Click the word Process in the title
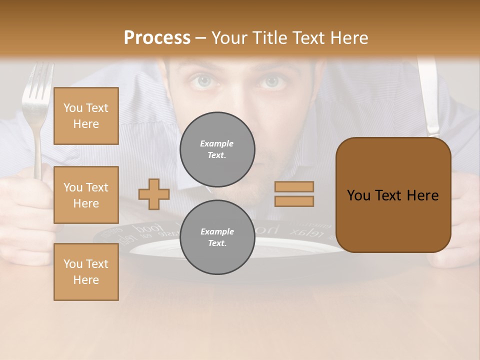point(157,38)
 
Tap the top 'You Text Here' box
point(86,116)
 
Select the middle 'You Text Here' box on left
point(86,195)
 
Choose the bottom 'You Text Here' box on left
point(86,272)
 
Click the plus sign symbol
point(154,194)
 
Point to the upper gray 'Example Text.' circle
point(217,149)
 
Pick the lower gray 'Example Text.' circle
point(217,237)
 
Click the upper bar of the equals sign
point(294,187)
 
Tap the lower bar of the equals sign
point(294,201)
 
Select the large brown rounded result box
point(393,195)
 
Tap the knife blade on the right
point(428,95)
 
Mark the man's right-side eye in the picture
point(270,81)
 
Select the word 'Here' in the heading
point(348,38)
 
